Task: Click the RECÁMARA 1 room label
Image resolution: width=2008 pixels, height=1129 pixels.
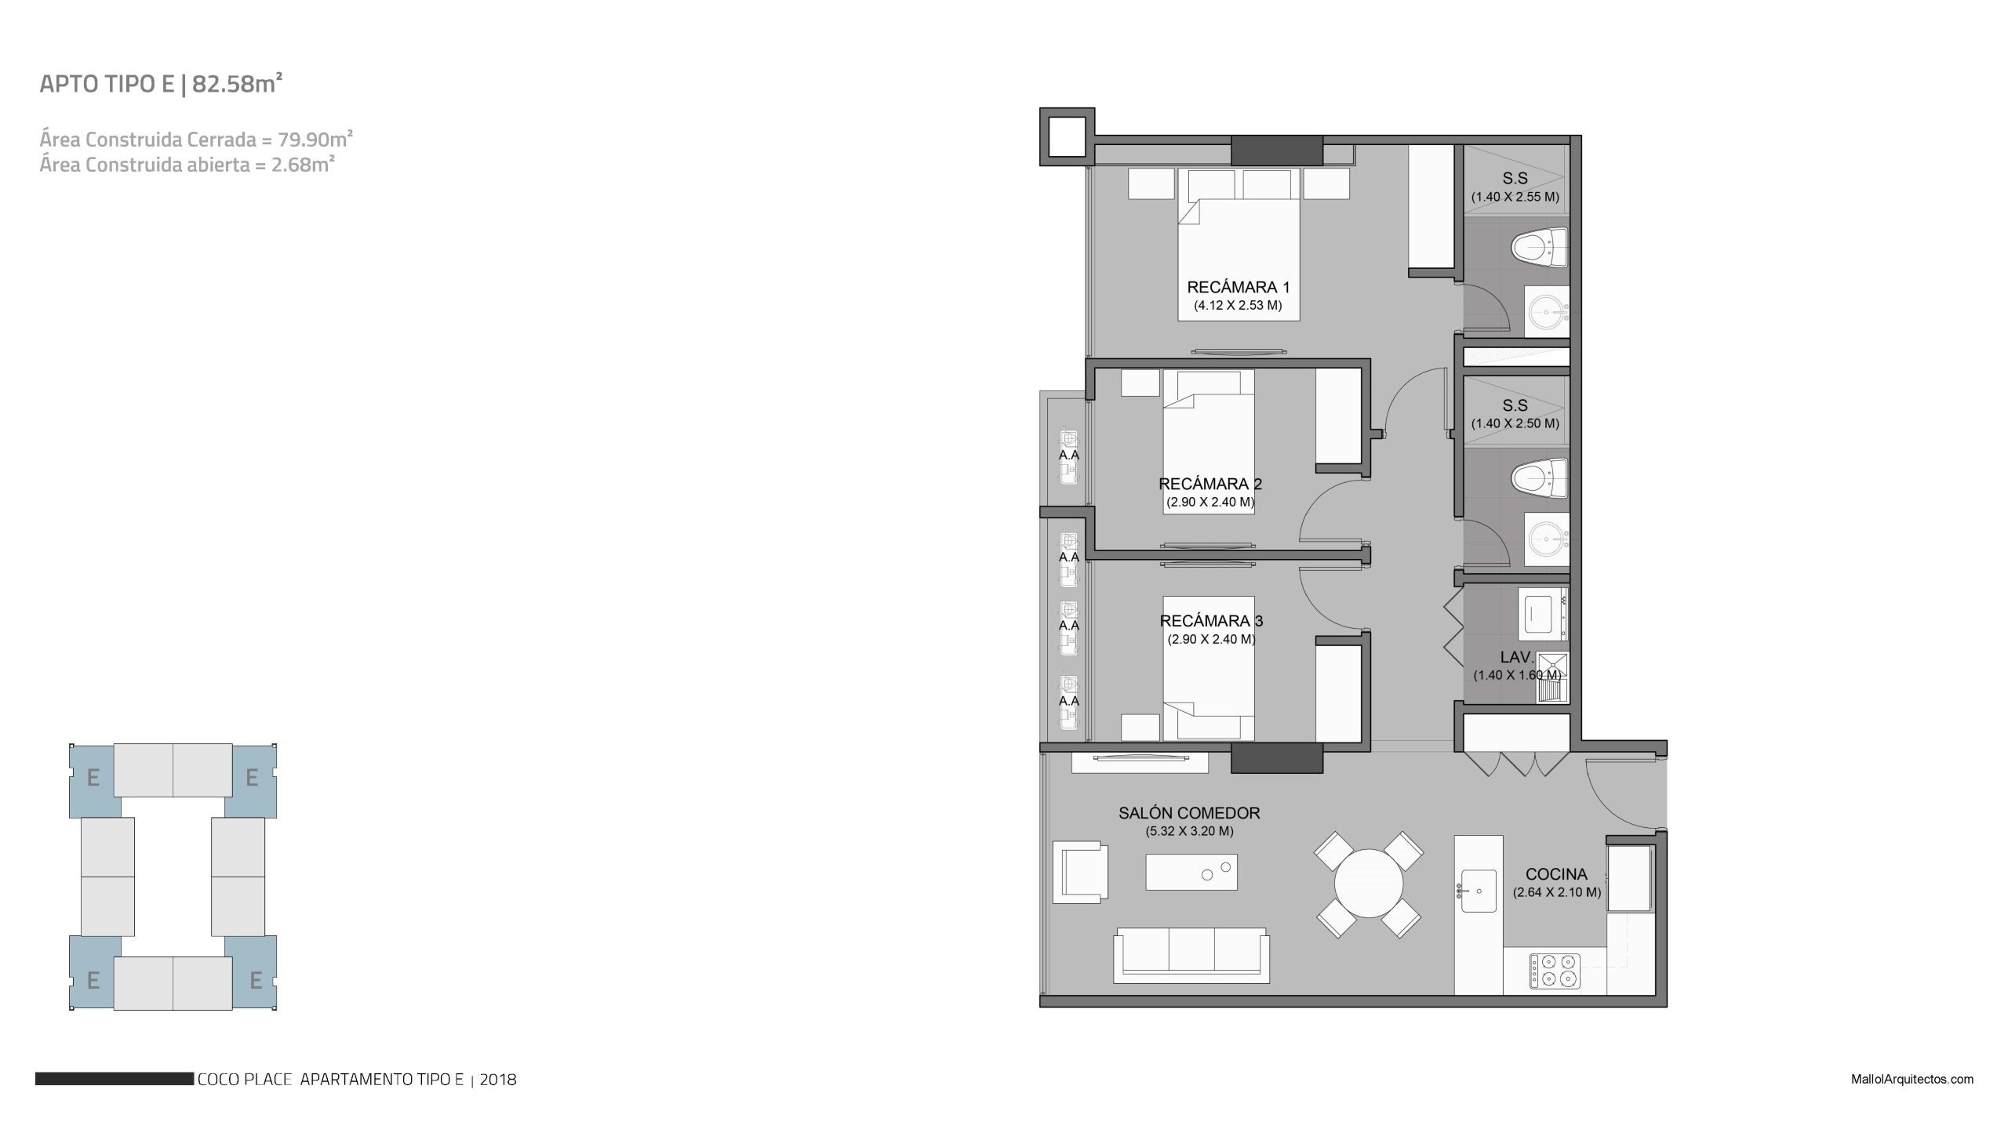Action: [x=1238, y=288]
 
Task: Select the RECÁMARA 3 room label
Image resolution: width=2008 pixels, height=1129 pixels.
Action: [x=1211, y=621]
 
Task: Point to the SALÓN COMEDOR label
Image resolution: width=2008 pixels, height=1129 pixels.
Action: [x=1189, y=814]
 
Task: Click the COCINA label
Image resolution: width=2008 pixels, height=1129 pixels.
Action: [x=1556, y=874]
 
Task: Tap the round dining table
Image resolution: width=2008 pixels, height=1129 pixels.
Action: [x=1368, y=884]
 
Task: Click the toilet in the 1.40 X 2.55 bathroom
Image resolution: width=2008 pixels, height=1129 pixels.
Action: [x=1539, y=248]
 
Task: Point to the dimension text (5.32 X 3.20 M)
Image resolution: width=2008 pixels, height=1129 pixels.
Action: [x=1189, y=832]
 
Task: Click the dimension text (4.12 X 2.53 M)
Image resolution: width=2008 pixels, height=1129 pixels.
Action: [x=1238, y=306]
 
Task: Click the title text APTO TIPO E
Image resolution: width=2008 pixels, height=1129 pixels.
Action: [x=107, y=85]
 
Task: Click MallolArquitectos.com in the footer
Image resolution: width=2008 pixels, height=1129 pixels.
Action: [x=1911, y=1079]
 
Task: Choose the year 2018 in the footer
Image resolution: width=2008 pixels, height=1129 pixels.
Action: [x=498, y=1080]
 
